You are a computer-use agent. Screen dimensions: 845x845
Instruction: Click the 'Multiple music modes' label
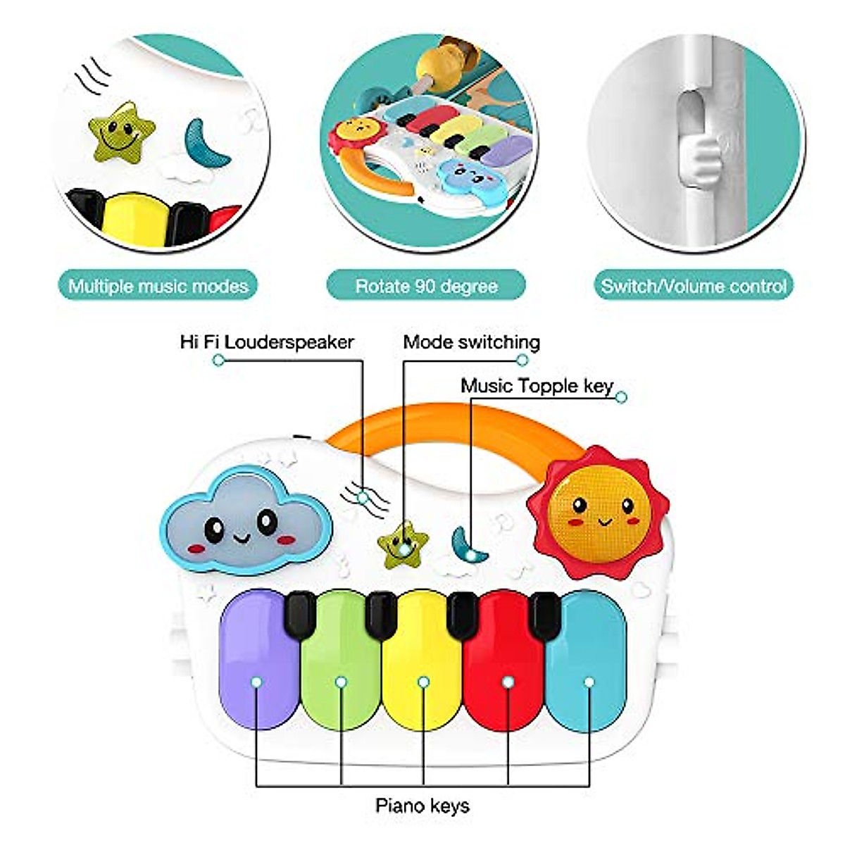click(x=158, y=286)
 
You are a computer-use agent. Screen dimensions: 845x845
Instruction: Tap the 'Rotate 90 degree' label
click(x=426, y=286)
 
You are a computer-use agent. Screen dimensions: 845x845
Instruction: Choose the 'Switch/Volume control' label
click(x=693, y=286)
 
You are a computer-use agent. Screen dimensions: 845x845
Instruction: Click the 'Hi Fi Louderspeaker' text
click(x=267, y=342)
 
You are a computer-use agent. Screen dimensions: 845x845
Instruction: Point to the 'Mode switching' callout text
click(x=471, y=342)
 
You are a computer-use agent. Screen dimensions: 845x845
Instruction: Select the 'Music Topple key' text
click(x=537, y=386)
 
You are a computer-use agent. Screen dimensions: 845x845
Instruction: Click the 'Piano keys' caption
click(x=422, y=805)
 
